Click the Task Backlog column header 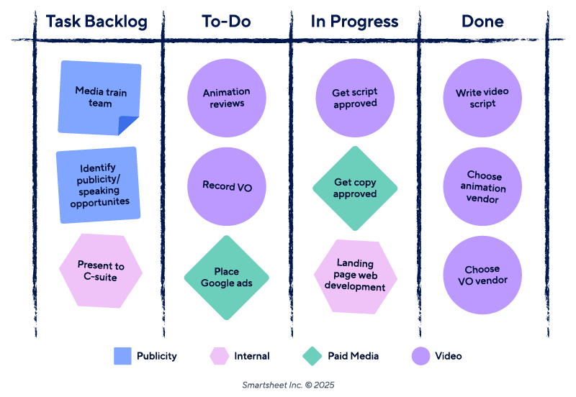[x=96, y=22]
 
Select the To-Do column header [x=226, y=22]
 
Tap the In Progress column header [x=354, y=22]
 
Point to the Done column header [x=482, y=22]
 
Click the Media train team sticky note [x=99, y=98]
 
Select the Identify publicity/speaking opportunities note [x=99, y=185]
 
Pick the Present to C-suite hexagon [x=101, y=271]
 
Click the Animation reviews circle [x=227, y=98]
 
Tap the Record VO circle [x=227, y=186]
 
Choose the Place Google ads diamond [x=227, y=278]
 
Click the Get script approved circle [x=355, y=98]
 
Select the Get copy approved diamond [x=355, y=188]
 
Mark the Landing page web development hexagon [x=355, y=276]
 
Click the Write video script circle [x=482, y=98]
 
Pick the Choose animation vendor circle [x=482, y=187]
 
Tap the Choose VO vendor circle [x=482, y=275]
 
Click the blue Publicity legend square [x=123, y=356]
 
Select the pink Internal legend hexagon [x=219, y=356]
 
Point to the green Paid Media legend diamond [x=312, y=356]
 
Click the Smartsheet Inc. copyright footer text [x=288, y=385]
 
